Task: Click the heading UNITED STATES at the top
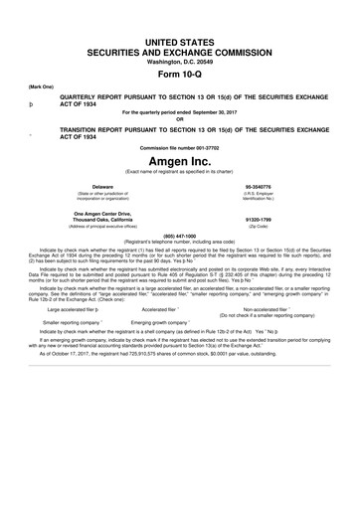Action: tap(179, 36)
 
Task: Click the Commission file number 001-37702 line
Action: tap(179, 148)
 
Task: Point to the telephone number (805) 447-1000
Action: tap(179, 236)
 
